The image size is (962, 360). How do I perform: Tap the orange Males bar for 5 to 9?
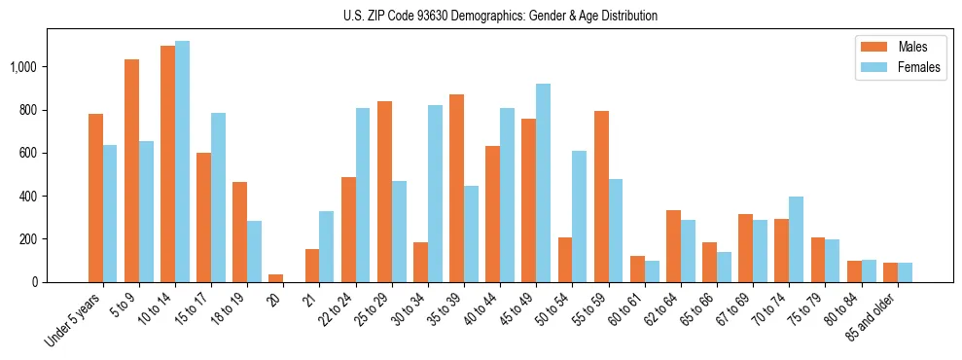(131, 170)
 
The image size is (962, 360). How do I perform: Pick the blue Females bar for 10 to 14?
(182, 162)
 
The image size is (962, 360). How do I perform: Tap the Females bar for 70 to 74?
(796, 239)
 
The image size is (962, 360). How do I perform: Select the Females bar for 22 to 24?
(363, 195)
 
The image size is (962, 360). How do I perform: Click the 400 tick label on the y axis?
(32, 196)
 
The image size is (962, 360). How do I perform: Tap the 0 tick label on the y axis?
(39, 282)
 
